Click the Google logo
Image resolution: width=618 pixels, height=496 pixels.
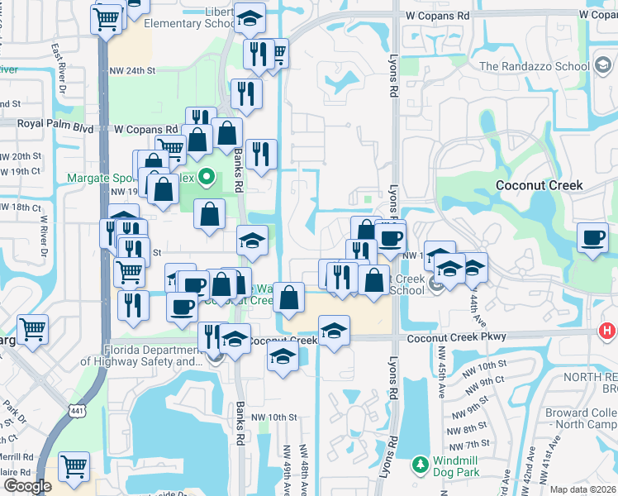tap(26, 486)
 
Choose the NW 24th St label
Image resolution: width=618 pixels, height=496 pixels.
tap(132, 70)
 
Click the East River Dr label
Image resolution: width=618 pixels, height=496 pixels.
tap(58, 66)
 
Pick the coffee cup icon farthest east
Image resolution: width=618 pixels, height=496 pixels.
tap(592, 238)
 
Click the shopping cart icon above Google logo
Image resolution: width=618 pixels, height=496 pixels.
tap(74, 466)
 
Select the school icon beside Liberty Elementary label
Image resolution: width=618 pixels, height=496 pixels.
tap(249, 18)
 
